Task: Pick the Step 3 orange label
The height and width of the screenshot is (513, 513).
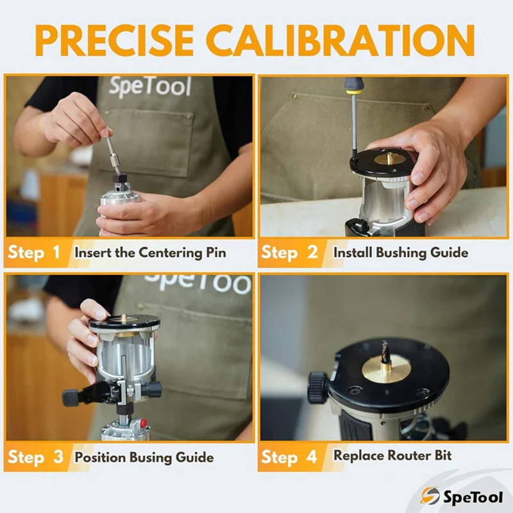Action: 35,457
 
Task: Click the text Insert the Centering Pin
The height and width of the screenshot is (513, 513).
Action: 150,253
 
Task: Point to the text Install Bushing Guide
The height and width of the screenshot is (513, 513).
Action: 401,253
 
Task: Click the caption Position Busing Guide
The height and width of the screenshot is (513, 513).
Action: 144,458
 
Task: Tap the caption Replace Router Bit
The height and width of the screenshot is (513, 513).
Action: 392,456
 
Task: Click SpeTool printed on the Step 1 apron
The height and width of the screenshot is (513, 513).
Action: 149,87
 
